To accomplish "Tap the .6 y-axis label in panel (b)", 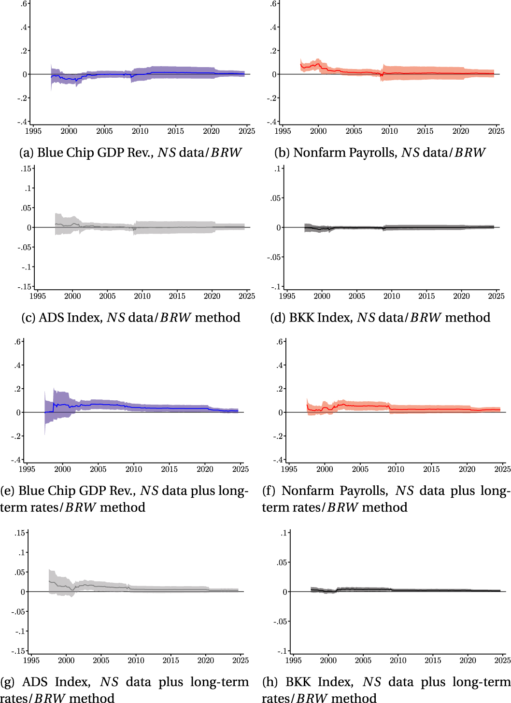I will point(273,4).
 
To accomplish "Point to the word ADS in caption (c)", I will point(51,318).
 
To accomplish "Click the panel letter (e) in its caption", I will point(7,491).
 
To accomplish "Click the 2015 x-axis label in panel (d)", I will point(426,296).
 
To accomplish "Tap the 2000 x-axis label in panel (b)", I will point(318,131).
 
